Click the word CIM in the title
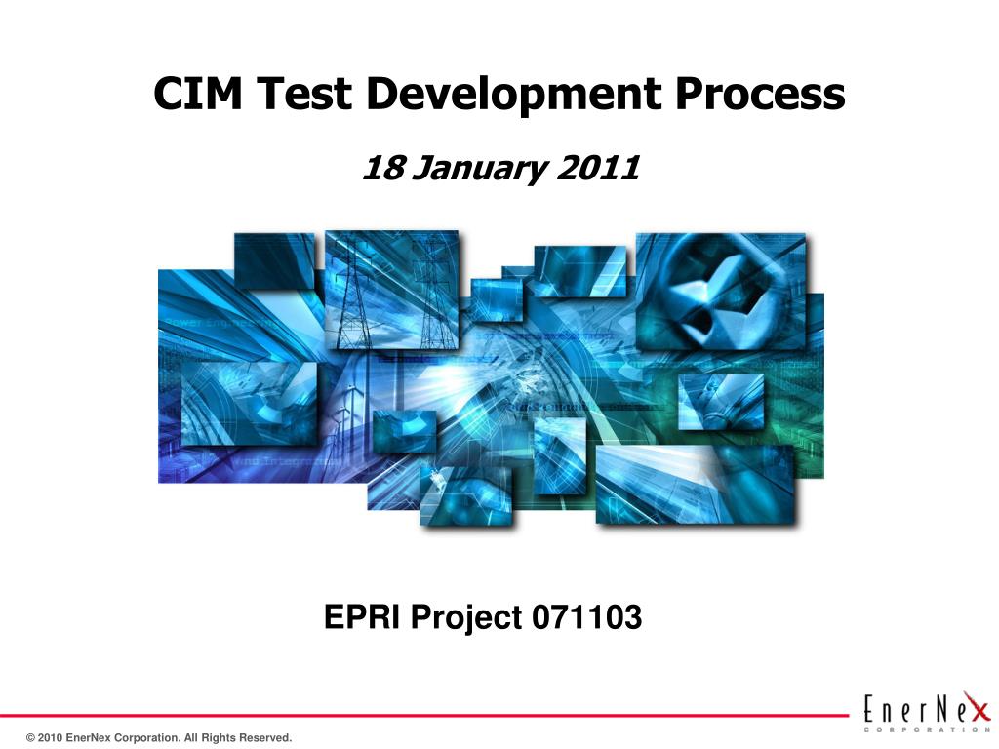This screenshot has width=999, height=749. pos(199,94)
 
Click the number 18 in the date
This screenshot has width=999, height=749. pos(382,169)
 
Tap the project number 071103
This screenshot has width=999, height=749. pos(587,617)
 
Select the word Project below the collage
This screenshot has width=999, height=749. pos(466,617)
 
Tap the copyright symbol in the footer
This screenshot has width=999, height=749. pos(31,738)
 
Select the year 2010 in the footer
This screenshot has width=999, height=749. pos(51,738)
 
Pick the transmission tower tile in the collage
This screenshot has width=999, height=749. pos(390,291)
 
